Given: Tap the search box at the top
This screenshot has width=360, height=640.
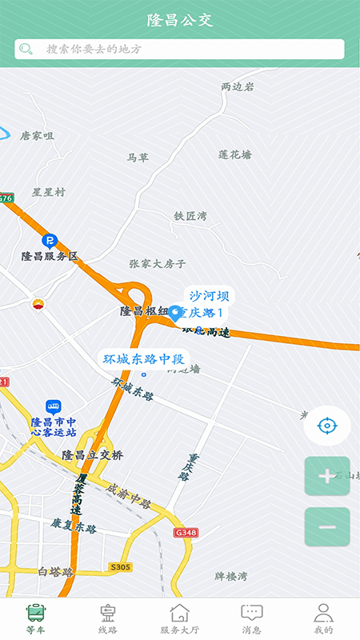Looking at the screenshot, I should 179,49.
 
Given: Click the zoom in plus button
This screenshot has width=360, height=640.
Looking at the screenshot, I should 327,477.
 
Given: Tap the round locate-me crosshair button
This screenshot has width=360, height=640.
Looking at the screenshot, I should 326,425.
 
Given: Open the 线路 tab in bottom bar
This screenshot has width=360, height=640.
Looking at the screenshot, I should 108,618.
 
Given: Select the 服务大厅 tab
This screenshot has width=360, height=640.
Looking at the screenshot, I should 180,618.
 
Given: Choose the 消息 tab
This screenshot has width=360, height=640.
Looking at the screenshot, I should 252,618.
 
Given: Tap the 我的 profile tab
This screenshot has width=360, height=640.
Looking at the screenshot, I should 323,618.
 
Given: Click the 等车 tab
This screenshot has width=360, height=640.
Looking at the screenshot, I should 36,618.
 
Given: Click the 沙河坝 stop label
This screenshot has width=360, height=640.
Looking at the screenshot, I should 209,295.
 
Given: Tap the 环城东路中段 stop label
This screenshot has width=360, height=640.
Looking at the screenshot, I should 144,358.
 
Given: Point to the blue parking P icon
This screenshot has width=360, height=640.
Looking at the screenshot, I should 50,240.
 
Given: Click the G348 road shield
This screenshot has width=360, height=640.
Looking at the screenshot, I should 185,533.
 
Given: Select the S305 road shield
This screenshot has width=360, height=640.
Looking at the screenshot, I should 120,567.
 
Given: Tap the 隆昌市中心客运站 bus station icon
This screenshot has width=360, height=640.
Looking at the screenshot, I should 54,406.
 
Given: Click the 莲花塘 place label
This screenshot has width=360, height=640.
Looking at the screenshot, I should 234,154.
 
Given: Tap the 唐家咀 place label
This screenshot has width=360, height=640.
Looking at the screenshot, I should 37,136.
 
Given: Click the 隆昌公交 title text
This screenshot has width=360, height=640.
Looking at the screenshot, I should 180,20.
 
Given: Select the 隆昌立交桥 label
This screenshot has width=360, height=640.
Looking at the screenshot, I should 93,455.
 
